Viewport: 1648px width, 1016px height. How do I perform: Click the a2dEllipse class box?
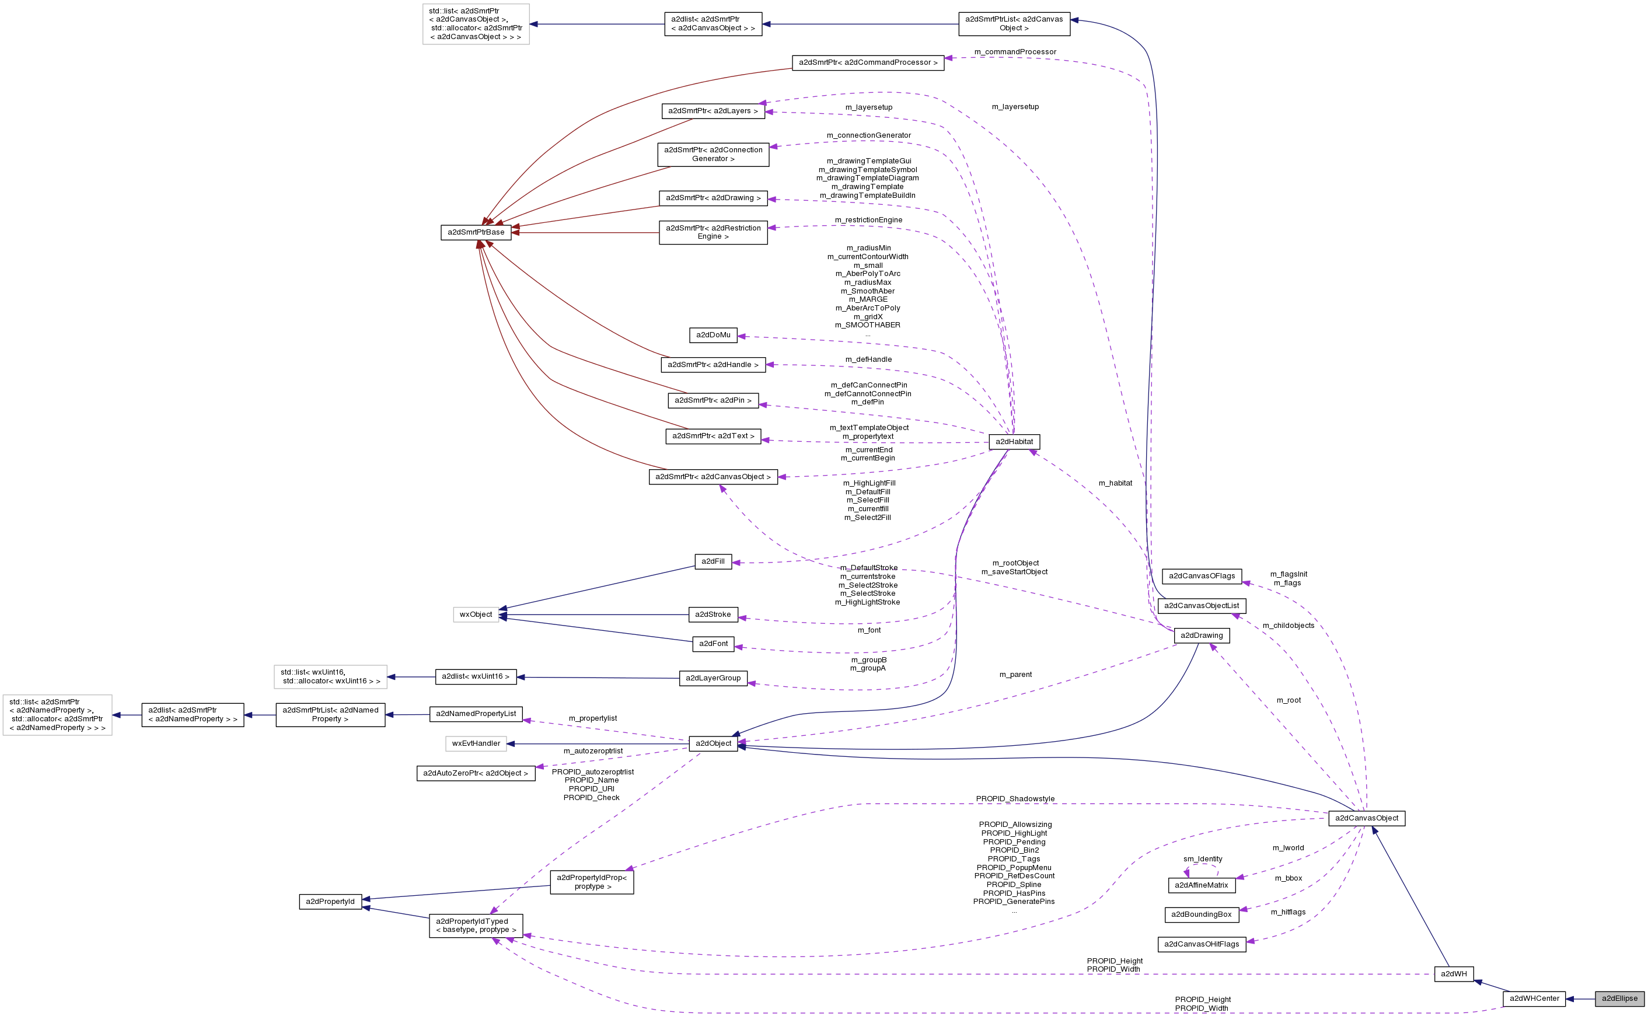coord(1619,998)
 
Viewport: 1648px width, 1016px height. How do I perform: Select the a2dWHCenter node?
coord(1534,998)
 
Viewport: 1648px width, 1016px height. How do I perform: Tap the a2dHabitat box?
coord(1014,442)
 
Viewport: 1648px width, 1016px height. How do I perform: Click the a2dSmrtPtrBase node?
coord(476,232)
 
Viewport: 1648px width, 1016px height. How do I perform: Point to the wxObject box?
coord(476,614)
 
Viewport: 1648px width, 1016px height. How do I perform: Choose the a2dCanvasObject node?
coord(1366,818)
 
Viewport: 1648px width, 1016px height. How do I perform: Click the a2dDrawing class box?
coord(1201,635)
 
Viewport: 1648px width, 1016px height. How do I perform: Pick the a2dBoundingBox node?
coord(1201,914)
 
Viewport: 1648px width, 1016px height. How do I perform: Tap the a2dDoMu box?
coord(713,334)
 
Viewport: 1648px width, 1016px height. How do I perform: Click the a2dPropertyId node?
coord(330,901)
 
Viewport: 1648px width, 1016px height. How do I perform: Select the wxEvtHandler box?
coord(476,743)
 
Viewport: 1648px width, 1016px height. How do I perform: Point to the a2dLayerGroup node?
coord(713,678)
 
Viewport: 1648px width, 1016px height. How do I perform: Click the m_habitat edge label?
coord(1115,483)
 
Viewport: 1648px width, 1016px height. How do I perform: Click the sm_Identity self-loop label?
coord(1202,859)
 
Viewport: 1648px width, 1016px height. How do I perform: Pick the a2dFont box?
coord(713,644)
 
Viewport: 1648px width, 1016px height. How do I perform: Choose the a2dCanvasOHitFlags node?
coord(1201,944)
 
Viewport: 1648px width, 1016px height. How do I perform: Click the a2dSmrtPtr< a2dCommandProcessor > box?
coord(867,62)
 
